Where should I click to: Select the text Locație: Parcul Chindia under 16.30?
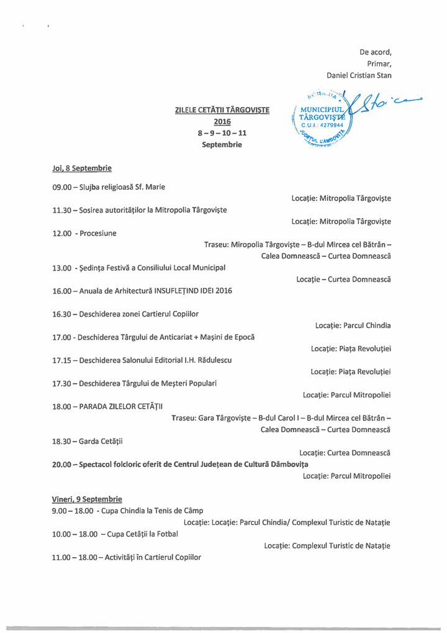[x=353, y=325]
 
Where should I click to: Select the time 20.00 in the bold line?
[x=61, y=464]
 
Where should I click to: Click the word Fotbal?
[x=165, y=534]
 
